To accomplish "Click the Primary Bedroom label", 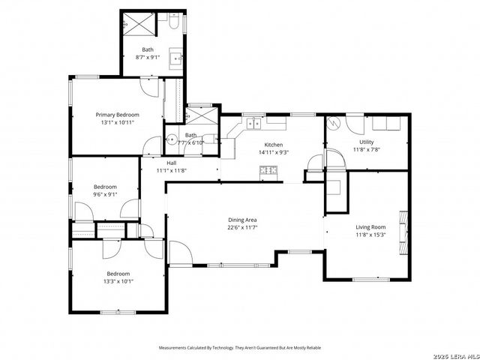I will tap(117, 115).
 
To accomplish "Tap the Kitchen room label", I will tap(272, 145).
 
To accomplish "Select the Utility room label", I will tap(367, 142).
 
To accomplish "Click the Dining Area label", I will tap(244, 220).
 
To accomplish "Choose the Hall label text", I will tap(171, 163).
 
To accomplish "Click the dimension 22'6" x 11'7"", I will tap(244, 227).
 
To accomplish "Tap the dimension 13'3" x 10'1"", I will tap(118, 281).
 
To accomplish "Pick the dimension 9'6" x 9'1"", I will tap(105, 194).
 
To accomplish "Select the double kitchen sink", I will tap(253, 121).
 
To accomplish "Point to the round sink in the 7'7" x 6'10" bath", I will tap(171, 140).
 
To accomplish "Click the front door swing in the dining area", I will tap(179, 253).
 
